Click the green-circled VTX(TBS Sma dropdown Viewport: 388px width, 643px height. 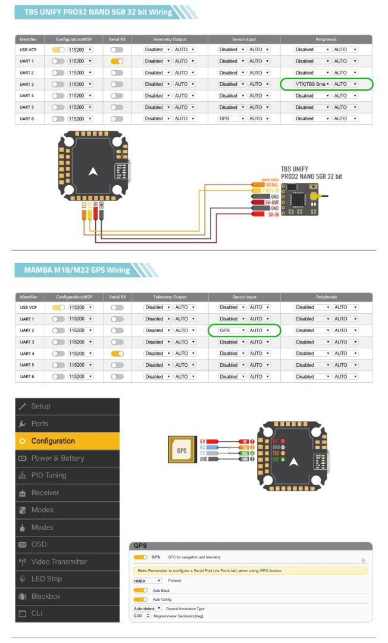click(312, 85)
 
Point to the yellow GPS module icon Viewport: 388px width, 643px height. click(182, 451)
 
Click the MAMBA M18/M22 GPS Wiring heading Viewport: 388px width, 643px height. click(77, 270)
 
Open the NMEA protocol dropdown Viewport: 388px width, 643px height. click(148, 580)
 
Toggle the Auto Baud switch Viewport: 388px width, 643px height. click(140, 590)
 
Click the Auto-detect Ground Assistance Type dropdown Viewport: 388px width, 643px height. click(148, 608)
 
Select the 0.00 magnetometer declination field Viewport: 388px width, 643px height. click(142, 616)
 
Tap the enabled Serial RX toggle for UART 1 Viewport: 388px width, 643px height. click(117, 61)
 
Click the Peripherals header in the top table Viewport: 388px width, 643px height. click(326, 39)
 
